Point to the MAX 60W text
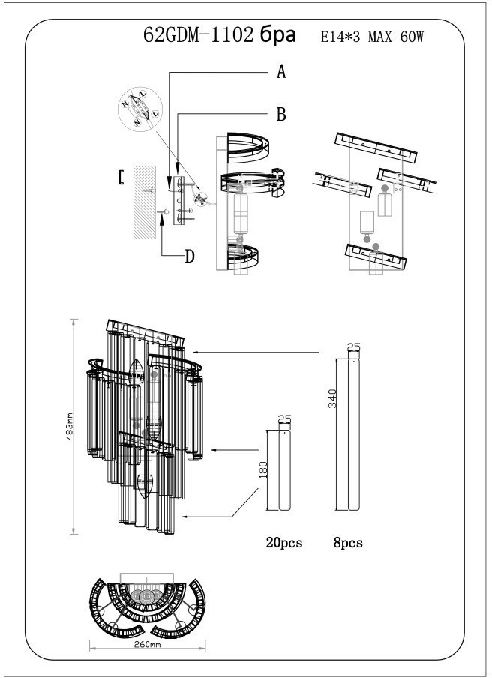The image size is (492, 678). [400, 37]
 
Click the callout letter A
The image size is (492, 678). [282, 72]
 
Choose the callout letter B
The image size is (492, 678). [282, 114]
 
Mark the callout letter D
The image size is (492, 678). [190, 256]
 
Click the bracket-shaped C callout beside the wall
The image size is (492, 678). [121, 178]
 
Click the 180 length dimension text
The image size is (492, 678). [263, 471]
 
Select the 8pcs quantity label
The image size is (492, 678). [348, 543]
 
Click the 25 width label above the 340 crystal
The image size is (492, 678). [355, 346]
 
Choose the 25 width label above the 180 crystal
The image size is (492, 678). [283, 421]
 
